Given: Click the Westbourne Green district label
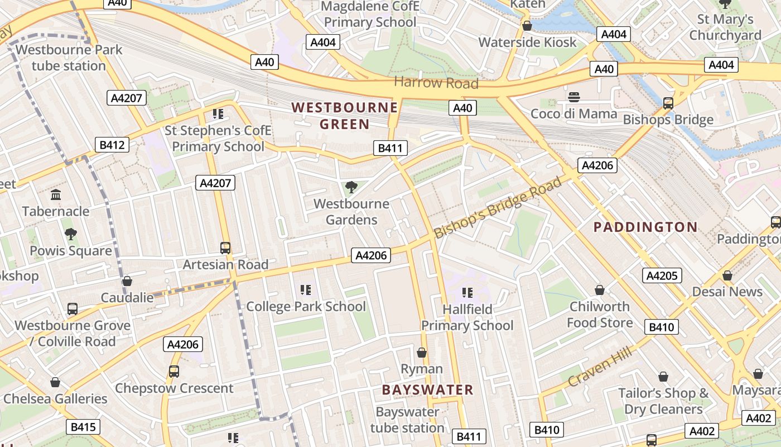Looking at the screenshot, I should coord(344,116).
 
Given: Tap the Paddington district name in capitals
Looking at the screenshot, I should coord(645,227).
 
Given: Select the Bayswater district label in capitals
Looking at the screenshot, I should coord(427,390).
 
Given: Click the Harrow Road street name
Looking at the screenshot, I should coord(436,83).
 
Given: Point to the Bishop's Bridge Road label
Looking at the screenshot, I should coord(498,207).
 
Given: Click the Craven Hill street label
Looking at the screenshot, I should coord(600,367).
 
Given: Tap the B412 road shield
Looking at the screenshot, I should coord(112,145).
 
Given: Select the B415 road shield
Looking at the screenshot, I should coord(83,427).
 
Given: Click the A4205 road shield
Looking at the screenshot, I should coord(662,275).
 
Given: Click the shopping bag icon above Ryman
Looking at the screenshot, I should coord(422,353).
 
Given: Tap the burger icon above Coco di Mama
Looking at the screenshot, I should coord(573,97).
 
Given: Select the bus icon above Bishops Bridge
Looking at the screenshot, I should coord(668,103).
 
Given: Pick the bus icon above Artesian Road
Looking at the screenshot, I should coord(225,248).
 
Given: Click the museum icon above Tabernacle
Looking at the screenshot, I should coord(56,195).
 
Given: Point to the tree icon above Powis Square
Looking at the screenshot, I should coord(70,234).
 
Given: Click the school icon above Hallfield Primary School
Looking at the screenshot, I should coord(467,293).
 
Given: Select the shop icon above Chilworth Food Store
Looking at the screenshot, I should coord(599,290).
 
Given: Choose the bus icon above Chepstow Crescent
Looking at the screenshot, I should coord(174,372).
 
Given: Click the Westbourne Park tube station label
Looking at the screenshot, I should coord(68,58).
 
